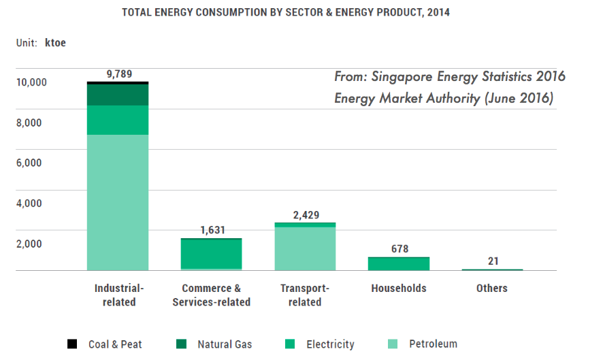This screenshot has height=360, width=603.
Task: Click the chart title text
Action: [285, 12]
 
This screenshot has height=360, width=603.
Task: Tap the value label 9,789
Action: [119, 74]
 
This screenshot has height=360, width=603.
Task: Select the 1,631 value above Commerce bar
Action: [212, 230]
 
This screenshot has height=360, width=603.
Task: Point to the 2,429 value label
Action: [305, 215]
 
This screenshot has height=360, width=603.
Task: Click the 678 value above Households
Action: [400, 249]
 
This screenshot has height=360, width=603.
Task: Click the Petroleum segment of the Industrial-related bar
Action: [118, 202]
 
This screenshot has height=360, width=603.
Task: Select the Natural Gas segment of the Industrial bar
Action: [118, 95]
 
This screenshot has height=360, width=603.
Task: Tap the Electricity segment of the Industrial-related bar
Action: [118, 120]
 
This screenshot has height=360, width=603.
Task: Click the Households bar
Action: [399, 263]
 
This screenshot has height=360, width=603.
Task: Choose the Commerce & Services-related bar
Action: [212, 254]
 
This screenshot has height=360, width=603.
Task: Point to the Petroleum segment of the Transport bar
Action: [305, 248]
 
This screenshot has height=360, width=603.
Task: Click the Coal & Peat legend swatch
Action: [72, 344]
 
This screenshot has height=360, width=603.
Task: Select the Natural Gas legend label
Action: [225, 344]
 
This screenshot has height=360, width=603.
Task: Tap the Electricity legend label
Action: [330, 344]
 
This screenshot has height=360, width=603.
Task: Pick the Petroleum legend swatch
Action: [393, 344]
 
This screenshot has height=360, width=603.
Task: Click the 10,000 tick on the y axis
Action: [31, 82]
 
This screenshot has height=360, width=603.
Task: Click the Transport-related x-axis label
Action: [305, 295]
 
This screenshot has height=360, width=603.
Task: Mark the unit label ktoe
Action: [55, 42]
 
